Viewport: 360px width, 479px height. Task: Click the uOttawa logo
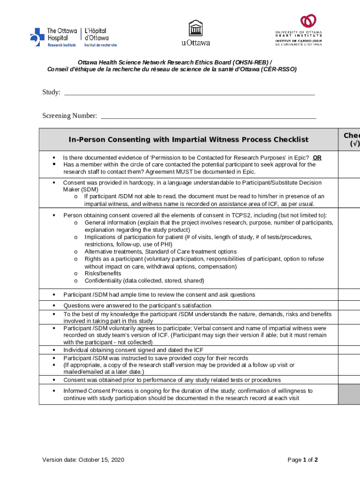point(195,33)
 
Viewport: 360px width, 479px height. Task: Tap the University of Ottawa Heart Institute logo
point(298,30)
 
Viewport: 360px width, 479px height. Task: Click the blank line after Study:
point(189,93)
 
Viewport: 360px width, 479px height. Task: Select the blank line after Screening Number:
point(208,116)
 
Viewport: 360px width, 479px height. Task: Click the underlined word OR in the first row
point(317,158)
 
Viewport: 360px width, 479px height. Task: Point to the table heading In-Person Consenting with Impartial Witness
point(188,139)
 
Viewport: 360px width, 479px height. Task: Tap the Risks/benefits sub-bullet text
point(102,274)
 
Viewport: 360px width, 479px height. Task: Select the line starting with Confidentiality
point(144,281)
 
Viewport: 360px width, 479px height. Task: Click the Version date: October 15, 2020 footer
point(83,460)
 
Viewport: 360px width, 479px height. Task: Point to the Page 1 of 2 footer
point(302,460)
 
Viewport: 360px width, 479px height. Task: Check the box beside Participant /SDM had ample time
point(349,295)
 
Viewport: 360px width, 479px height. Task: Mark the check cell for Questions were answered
point(349,305)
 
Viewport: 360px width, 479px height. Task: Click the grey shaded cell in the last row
point(349,394)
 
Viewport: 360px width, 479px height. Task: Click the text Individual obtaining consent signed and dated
point(133,350)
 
